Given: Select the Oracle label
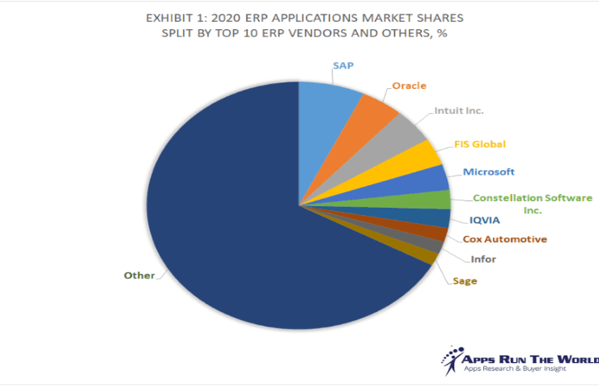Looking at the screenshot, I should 409,86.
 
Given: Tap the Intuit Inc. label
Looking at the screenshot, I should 460,111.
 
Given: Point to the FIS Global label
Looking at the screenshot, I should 479,145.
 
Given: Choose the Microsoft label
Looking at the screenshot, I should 488,171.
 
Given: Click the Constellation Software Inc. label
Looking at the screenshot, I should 532,203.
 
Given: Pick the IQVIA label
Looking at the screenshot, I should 485,220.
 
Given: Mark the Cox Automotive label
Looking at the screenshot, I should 504,239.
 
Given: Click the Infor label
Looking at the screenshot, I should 483,259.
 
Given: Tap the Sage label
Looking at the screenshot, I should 465,280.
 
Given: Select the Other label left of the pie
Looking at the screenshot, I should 138,276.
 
